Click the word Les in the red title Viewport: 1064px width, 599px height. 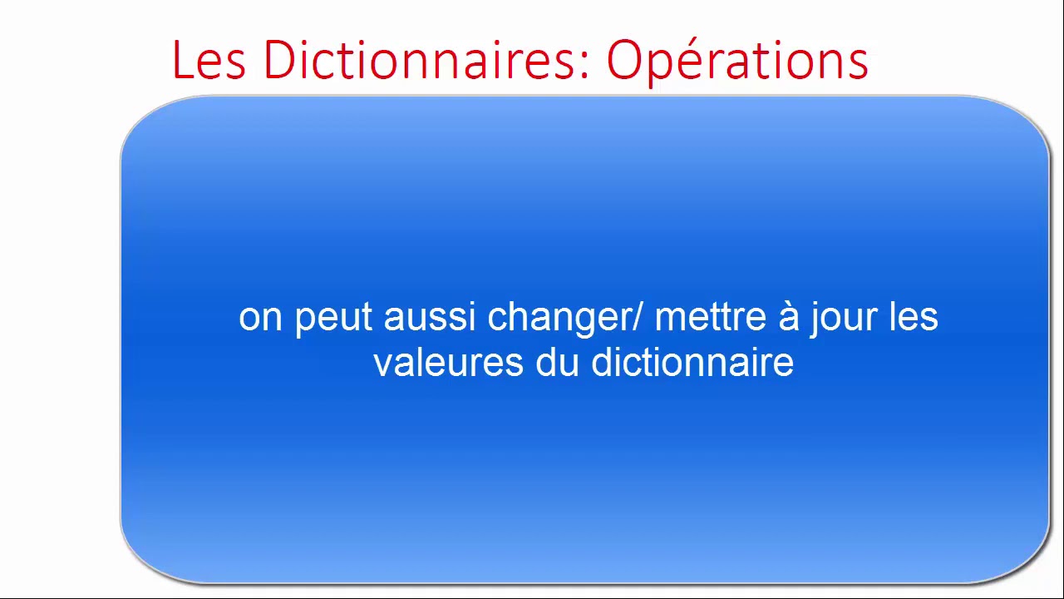point(209,60)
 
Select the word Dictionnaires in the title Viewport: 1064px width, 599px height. point(420,60)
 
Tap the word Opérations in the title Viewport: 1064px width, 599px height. point(737,62)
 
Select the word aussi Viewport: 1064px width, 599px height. point(430,318)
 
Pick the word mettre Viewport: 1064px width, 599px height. point(710,317)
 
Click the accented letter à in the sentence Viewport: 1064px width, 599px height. point(788,317)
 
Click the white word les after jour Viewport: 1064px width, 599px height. point(914,317)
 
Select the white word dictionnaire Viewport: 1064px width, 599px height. point(692,363)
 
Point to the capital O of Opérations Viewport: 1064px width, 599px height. point(624,60)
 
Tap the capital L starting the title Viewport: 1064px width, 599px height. point(181,60)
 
